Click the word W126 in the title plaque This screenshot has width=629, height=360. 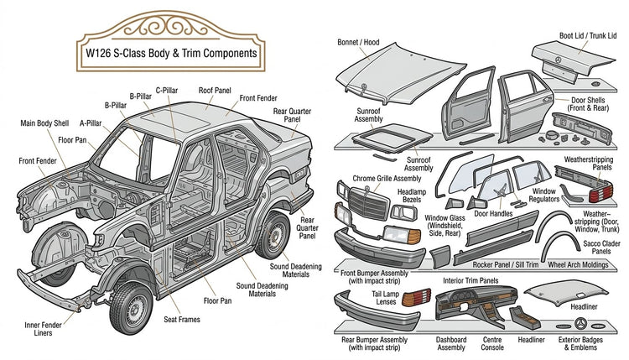tap(98, 54)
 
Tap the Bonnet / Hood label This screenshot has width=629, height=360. tap(358, 42)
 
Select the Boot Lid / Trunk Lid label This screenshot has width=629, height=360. tap(588, 36)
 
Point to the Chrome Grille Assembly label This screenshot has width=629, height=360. tap(387, 179)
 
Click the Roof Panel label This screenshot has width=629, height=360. tap(215, 91)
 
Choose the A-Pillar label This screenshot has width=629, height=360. tap(91, 123)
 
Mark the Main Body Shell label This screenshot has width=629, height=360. tap(44, 123)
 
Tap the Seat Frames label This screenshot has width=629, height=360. tap(182, 320)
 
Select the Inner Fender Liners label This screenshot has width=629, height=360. tap(43, 329)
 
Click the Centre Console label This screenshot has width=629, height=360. tap(492, 343)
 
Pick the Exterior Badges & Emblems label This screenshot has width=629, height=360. tap(580, 343)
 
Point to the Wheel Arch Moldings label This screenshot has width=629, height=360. tap(578, 264)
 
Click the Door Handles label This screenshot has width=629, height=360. tap(493, 214)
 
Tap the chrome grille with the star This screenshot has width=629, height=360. tap(369, 203)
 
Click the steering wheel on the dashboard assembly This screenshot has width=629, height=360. tap(456, 297)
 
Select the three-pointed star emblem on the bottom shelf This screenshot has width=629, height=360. tap(580, 324)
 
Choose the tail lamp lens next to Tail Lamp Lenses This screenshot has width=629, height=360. tap(416, 297)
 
